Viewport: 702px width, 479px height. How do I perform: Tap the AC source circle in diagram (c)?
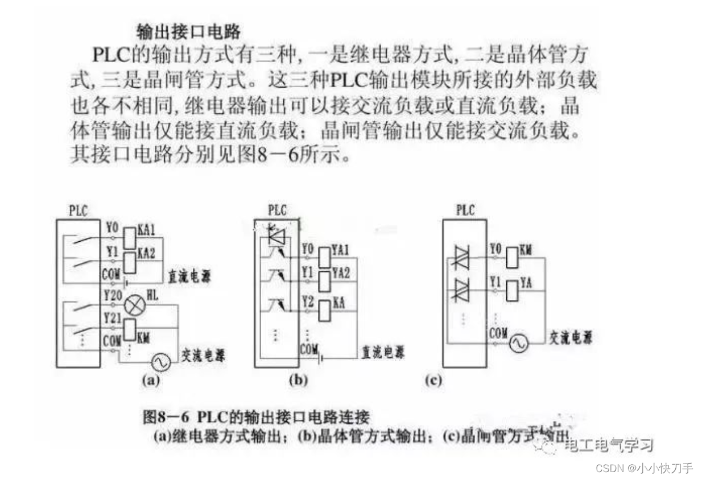[518, 343]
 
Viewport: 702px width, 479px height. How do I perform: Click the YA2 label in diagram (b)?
[340, 273]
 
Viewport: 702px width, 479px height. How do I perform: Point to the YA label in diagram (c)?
[526, 282]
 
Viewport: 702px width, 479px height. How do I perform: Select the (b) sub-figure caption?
[298, 381]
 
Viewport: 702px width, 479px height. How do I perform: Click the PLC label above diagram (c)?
[465, 210]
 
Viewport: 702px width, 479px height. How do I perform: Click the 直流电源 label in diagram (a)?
[189, 277]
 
